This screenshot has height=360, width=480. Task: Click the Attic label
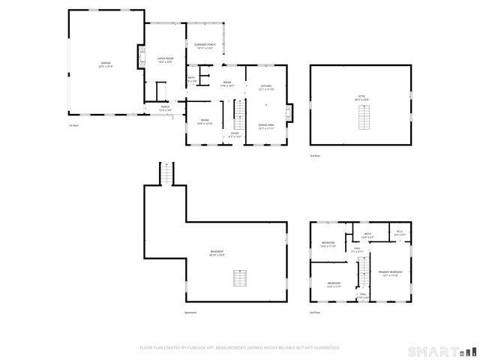coord(361,97)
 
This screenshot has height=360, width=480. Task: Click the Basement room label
coord(217,253)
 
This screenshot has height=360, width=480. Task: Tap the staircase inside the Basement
coord(239,279)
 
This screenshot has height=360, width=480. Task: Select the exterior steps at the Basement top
coord(166,174)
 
